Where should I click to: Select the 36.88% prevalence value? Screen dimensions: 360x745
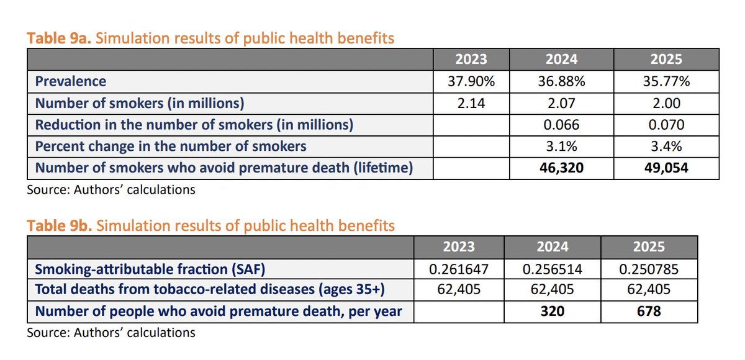pos(561,81)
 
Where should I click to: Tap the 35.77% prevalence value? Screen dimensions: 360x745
pos(666,81)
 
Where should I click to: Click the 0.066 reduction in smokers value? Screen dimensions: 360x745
pos(561,124)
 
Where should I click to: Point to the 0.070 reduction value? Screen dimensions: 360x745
pos(666,124)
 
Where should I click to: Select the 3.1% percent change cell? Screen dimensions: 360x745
pos(561,146)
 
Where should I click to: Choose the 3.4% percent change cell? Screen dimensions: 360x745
pos(666,146)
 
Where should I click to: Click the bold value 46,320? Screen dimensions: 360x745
pos(561,168)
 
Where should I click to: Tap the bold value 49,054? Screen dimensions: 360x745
pos(666,168)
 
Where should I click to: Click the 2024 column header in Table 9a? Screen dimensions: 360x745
pos(561,59)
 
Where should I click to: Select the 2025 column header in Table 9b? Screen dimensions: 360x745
pos(648,246)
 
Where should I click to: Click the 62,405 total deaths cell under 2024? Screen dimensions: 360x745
pos(552,289)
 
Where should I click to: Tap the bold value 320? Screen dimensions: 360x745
pos(552,311)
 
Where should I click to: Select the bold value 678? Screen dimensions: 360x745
pos(648,311)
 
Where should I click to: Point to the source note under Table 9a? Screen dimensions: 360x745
pos(111,189)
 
